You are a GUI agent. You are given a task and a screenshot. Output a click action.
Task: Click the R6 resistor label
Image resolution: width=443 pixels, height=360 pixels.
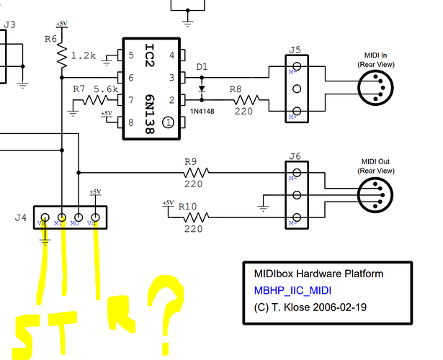50,39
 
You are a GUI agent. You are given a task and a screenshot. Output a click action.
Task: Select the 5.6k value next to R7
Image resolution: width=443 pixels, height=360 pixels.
106,89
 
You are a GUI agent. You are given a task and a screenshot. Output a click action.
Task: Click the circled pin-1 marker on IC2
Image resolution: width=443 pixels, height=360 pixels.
168,122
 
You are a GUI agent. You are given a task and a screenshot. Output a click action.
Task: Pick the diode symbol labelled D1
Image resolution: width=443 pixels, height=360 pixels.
202,91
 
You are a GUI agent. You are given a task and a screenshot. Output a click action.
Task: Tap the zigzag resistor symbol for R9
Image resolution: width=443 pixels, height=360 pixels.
195,172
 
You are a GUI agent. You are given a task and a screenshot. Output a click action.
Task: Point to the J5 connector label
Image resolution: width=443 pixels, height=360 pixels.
295,50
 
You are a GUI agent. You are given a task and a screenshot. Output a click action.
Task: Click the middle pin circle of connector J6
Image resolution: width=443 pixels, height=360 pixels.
295,195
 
